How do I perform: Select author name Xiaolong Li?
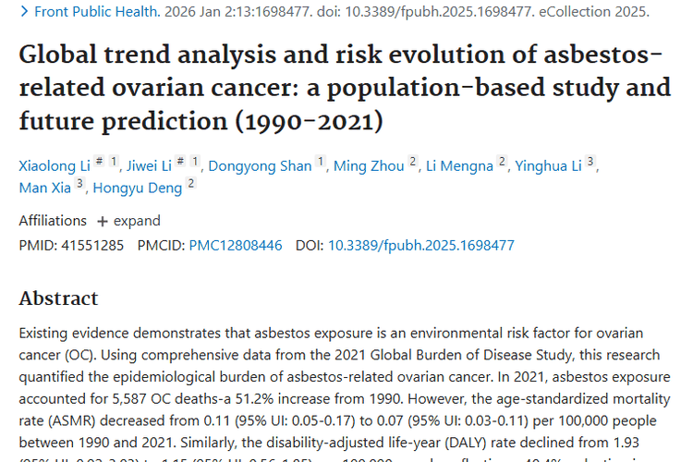(x=55, y=165)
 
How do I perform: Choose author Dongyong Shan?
(x=260, y=165)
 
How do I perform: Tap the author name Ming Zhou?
(x=368, y=165)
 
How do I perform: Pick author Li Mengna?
(x=458, y=165)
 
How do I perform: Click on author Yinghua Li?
(x=550, y=165)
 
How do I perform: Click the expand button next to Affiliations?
(x=128, y=221)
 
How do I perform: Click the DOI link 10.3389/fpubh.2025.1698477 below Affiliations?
(x=421, y=245)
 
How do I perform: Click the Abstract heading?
(x=58, y=298)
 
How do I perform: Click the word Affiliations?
(x=53, y=221)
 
